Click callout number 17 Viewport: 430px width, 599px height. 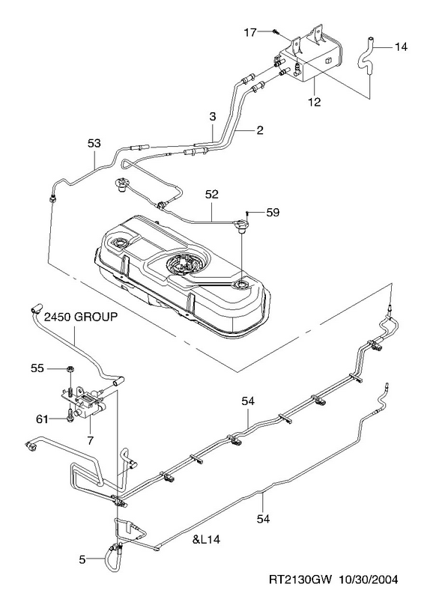click(x=250, y=32)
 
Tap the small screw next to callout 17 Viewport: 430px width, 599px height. click(x=275, y=31)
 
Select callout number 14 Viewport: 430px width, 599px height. click(x=401, y=47)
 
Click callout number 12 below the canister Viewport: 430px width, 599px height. click(x=314, y=102)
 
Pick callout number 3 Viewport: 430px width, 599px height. click(x=213, y=117)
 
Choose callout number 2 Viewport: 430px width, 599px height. click(x=260, y=130)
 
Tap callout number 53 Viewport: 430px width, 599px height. click(x=94, y=143)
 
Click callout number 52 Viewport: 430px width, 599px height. click(x=211, y=194)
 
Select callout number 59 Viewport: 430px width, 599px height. click(x=273, y=212)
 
